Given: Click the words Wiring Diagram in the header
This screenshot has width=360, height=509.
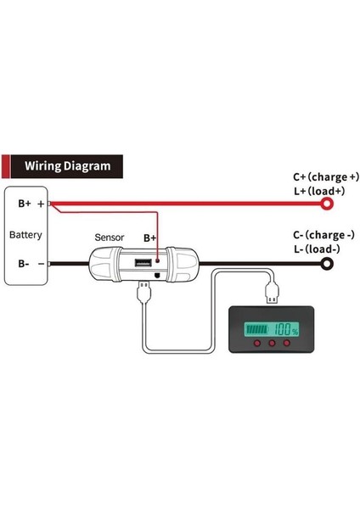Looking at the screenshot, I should click(x=67, y=166).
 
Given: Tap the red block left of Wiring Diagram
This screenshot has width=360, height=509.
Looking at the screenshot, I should click(x=7, y=166).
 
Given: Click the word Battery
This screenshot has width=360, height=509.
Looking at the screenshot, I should click(x=25, y=234).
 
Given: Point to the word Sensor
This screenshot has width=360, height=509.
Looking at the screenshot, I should click(x=110, y=238).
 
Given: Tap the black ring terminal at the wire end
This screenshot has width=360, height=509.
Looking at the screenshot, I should click(x=325, y=265).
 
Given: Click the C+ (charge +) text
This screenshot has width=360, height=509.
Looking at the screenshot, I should click(x=325, y=176).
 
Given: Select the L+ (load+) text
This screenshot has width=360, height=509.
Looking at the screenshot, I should click(x=319, y=191).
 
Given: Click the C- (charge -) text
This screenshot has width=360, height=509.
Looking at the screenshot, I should click(x=323, y=235).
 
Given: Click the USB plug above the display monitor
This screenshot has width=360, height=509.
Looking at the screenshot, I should click(x=272, y=294).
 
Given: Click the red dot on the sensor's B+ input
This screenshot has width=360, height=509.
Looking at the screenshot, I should click(x=156, y=264).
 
